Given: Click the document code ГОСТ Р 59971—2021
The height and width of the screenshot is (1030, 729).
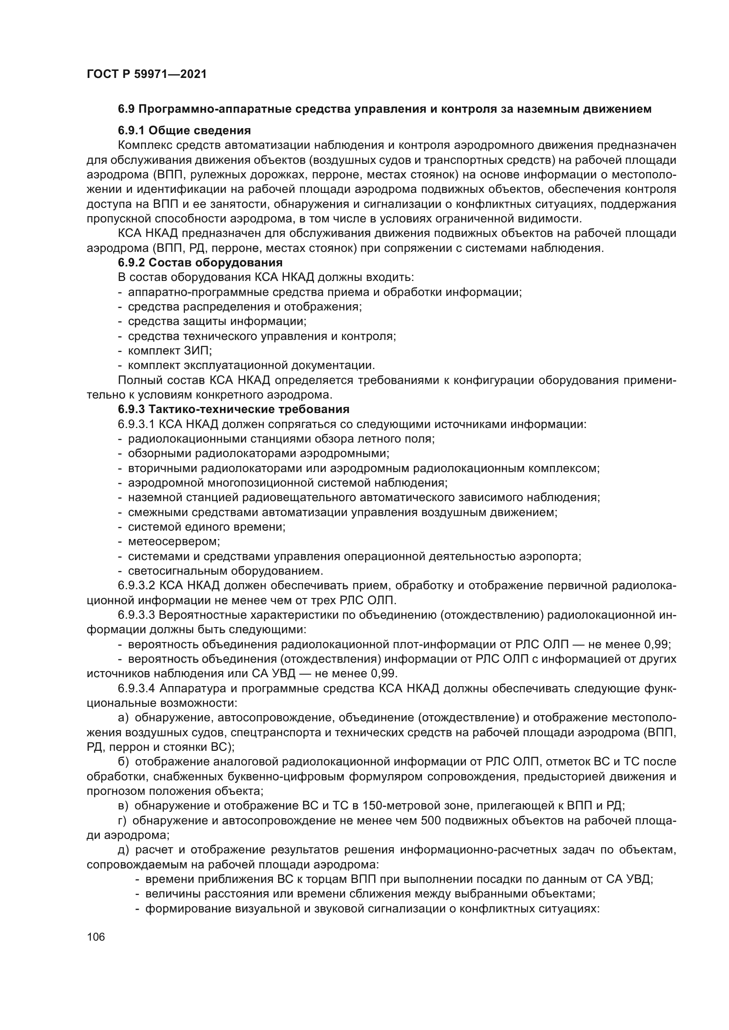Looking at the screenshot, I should click(x=146, y=74).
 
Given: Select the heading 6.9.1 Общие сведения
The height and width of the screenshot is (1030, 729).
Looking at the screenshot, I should click(x=184, y=130).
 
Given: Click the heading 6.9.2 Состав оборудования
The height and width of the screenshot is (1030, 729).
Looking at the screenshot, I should click(x=200, y=262).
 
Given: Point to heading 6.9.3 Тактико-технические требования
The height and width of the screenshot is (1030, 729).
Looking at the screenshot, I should click(x=234, y=409).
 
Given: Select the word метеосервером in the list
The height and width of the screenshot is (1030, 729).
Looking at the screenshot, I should click(x=174, y=542).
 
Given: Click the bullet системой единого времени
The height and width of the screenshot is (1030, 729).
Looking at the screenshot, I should click(x=206, y=527).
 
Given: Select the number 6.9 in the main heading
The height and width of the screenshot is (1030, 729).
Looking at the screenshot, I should click(x=126, y=109).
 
